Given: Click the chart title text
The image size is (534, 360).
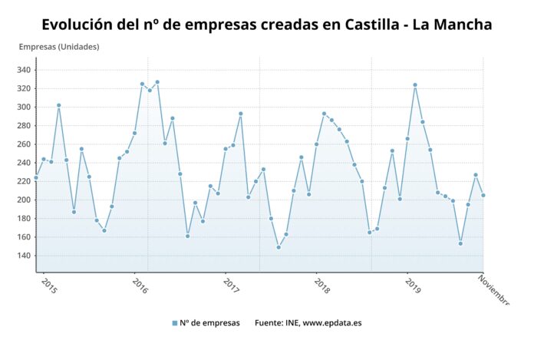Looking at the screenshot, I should [x=266, y=25].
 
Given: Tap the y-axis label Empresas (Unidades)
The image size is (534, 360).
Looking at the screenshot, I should [x=59, y=47].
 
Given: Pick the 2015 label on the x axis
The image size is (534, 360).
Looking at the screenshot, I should [x=48, y=286].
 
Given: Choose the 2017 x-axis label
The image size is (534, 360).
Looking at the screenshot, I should [x=231, y=286].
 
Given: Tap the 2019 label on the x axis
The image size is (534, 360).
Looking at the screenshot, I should [x=413, y=286].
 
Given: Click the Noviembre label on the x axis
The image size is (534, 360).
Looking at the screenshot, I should [x=493, y=291].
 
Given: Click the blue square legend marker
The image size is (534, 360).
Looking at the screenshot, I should [x=175, y=323].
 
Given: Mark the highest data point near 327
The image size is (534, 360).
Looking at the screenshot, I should [x=157, y=82].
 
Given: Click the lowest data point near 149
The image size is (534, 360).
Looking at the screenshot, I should [x=279, y=247].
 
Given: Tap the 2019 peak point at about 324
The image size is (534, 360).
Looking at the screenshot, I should [x=415, y=85].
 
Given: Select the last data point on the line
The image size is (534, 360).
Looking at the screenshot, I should [x=483, y=195].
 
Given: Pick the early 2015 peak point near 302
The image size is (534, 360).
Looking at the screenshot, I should [x=58, y=105].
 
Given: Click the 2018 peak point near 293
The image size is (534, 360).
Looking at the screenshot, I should [x=324, y=114].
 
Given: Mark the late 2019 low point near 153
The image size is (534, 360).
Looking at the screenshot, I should [x=460, y=243].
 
